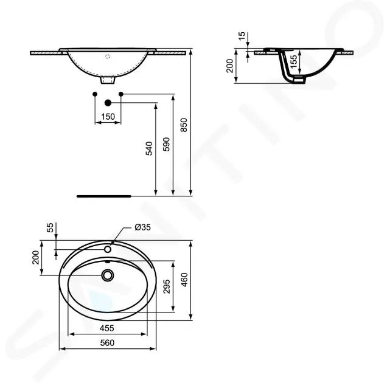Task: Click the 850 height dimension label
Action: tap(184, 125)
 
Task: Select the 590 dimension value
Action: tap(166, 145)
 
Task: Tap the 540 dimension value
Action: tap(148, 148)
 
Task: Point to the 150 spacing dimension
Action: tap(108, 116)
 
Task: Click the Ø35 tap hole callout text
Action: tap(142, 227)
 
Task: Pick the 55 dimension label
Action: tap(50, 227)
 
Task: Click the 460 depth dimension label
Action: tap(184, 280)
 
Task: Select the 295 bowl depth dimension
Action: tap(167, 286)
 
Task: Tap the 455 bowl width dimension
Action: tap(107, 328)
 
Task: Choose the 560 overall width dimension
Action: tap(107, 343)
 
